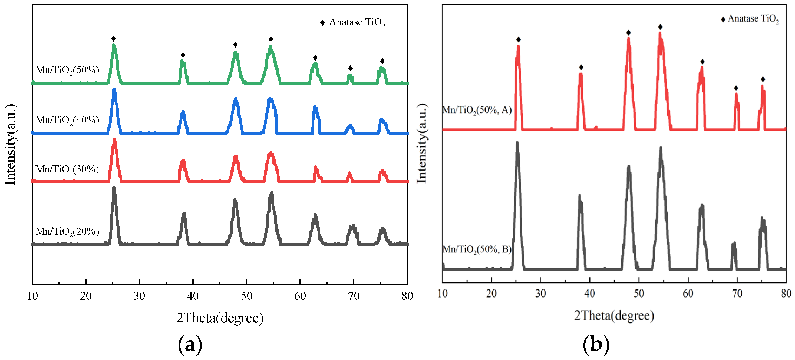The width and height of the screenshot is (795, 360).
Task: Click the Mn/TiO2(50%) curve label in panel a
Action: (67, 70)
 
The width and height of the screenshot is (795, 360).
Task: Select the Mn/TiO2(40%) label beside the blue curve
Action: (67, 120)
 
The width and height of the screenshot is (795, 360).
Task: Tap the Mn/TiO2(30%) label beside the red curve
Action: (67, 169)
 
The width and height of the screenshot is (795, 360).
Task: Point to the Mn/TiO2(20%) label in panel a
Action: (67, 231)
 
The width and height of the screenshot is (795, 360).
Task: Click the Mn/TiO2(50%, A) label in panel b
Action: (477, 110)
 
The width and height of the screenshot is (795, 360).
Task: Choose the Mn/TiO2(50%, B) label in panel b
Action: (477, 249)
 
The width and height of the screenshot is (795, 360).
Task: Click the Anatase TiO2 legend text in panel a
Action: (357, 22)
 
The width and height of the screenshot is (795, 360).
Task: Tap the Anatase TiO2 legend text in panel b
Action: (753, 19)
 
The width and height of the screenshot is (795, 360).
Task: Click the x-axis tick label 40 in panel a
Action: (193, 296)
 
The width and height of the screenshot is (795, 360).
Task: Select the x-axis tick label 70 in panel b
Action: (737, 293)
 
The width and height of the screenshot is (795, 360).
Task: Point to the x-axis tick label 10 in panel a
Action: (32, 296)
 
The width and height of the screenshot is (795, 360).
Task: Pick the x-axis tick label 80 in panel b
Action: (786, 293)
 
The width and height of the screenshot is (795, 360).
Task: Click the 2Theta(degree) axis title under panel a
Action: (220, 318)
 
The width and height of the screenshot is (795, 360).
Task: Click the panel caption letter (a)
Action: (190, 345)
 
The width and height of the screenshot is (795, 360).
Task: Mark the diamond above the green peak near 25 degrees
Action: (114, 39)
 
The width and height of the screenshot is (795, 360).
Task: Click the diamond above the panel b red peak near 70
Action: (736, 88)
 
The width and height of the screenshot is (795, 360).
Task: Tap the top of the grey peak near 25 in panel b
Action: (517, 143)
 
